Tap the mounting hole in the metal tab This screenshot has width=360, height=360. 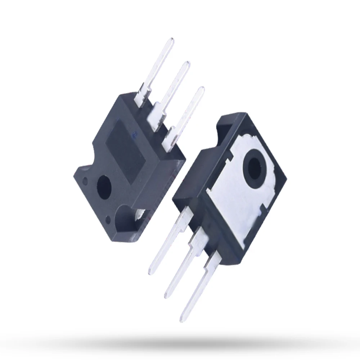click(256, 165)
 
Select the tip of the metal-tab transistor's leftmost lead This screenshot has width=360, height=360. click(151, 270)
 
